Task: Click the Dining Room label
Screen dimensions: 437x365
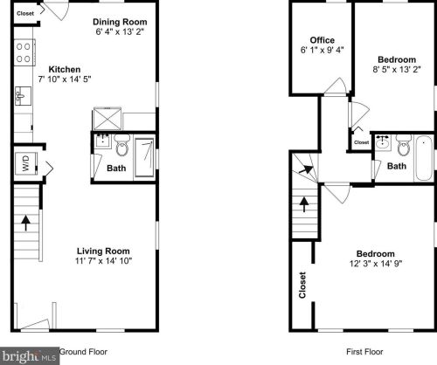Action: pos(120,22)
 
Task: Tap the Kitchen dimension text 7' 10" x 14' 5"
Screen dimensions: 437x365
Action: pos(65,79)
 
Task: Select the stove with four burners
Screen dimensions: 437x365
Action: pos(24,52)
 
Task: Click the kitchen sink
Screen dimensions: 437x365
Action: pos(23,96)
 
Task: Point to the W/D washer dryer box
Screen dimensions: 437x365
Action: pos(26,163)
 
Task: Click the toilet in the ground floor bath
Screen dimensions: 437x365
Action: pos(122,145)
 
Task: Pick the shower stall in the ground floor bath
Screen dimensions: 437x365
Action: pos(144,157)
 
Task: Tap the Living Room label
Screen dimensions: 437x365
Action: pos(103,251)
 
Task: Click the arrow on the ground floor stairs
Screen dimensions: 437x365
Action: pos(26,223)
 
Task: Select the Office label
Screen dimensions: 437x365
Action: pos(322,40)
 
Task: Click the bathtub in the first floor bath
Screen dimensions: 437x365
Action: pos(424,158)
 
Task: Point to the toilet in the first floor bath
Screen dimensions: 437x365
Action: pos(404,145)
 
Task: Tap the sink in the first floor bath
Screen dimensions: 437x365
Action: pos(382,142)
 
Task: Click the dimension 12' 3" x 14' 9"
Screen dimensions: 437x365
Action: pos(376,264)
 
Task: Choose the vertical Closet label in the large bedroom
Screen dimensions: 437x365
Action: pos(302,285)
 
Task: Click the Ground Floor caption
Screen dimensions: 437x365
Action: pos(83,352)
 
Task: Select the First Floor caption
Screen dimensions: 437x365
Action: pos(364,352)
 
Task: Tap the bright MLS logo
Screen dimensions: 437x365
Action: pos(30,356)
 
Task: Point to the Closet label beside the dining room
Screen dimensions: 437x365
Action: pos(25,13)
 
